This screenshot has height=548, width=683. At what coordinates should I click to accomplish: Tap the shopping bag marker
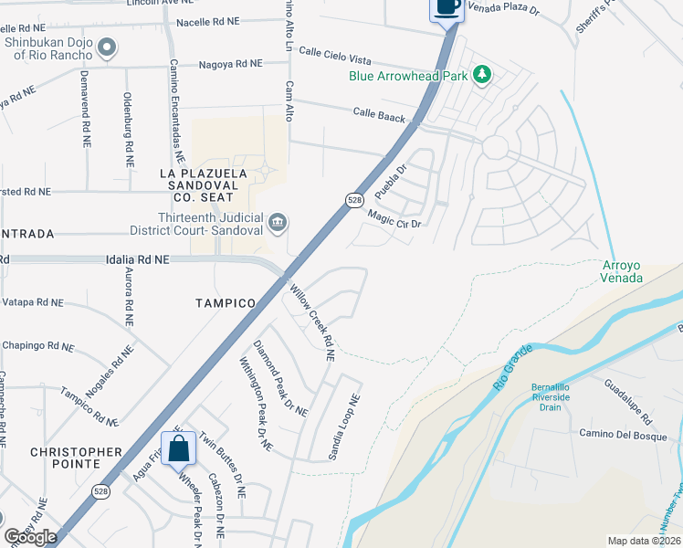coord(179,448)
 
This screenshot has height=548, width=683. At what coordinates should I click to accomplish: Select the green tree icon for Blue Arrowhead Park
coord(481,75)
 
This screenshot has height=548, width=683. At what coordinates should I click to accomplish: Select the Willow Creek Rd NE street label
coord(311,315)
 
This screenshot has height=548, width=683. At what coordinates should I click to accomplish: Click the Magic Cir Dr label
coord(394,219)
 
